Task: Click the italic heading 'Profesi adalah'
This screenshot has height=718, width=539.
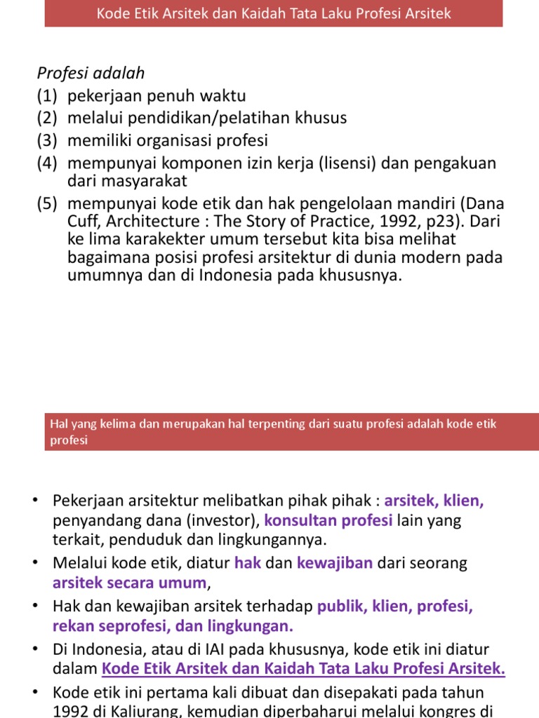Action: click(x=91, y=73)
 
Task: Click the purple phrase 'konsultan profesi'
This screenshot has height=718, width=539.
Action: click(x=328, y=520)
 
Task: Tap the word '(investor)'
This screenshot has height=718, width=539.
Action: click(x=225, y=520)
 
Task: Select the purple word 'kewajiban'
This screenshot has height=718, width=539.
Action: click(x=335, y=563)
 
